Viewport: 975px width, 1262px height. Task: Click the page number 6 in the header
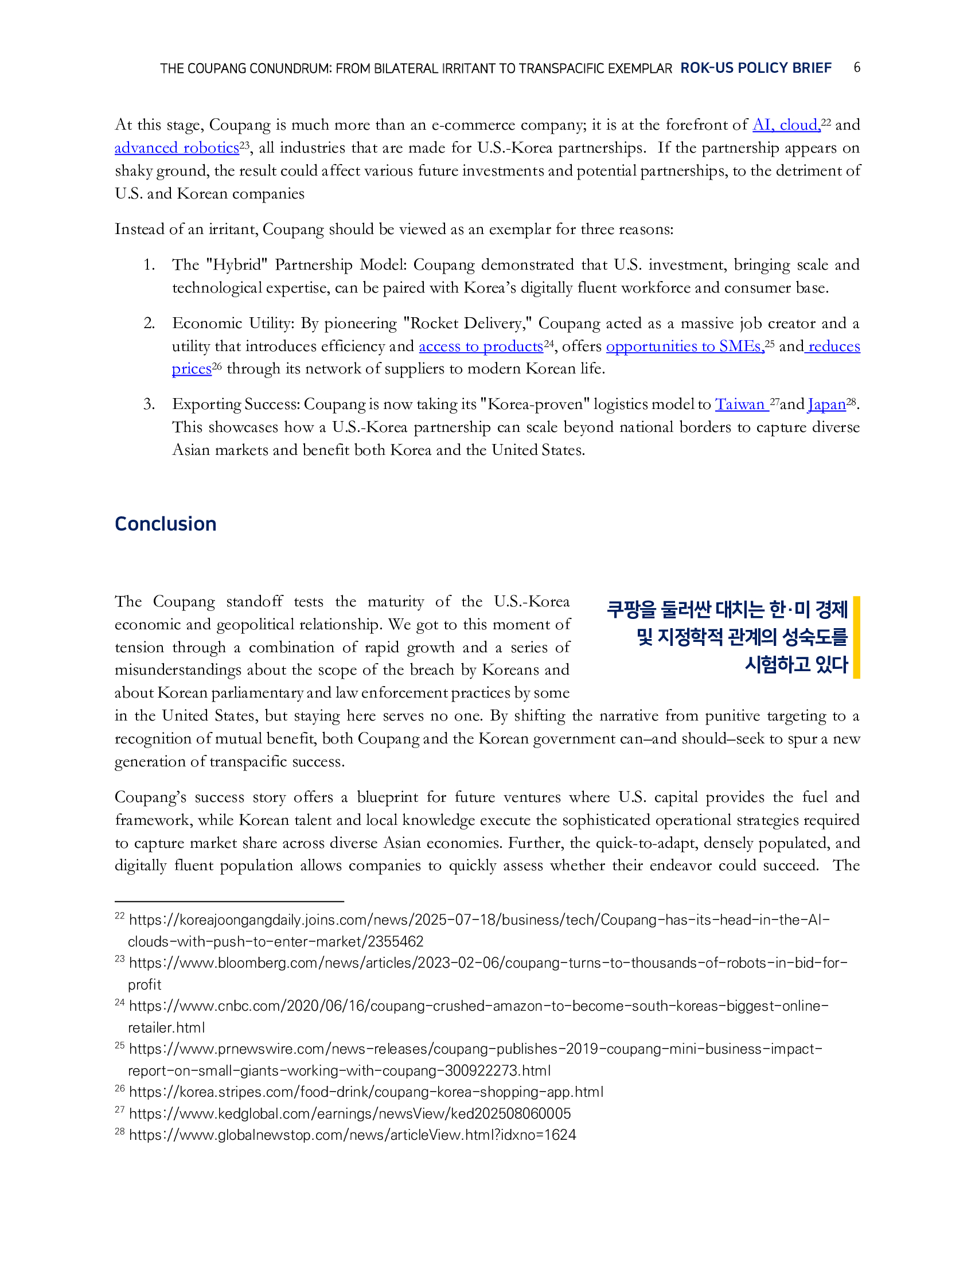857,68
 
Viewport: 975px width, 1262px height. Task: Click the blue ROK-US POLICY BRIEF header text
755,68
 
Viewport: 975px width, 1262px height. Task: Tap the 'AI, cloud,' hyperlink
786,125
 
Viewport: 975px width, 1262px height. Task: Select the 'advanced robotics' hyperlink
177,148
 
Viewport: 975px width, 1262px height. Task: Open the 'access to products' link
481,346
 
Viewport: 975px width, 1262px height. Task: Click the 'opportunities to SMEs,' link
684,346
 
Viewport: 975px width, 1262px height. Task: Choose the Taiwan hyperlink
741,404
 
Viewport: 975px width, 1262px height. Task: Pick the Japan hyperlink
826,404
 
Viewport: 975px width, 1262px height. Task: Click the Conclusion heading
165,524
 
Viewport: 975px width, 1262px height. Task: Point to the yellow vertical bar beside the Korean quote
857,637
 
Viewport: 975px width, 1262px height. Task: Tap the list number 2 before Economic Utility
149,323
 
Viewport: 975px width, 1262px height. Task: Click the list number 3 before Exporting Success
149,404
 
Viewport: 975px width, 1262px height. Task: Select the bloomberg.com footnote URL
488,963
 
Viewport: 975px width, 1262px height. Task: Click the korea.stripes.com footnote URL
366,1092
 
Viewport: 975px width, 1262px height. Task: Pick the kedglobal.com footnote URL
349,1113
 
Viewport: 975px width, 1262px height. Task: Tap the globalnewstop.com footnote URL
352,1135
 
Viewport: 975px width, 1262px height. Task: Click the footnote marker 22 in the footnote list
119,917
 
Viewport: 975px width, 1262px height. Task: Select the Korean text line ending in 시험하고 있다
796,664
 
